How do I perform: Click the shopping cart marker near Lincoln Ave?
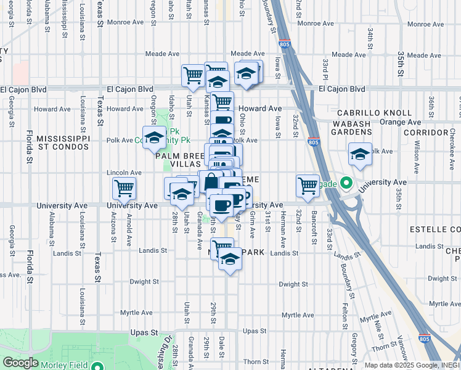point(124,188)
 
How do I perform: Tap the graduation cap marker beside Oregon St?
point(153,136)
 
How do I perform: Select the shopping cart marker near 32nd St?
point(308,186)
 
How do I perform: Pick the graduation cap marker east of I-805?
point(360,154)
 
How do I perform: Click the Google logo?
point(20,363)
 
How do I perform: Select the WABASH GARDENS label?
point(361,128)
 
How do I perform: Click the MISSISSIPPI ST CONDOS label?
point(63,142)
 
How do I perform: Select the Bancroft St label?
point(314,228)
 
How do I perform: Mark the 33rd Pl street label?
point(325,70)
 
